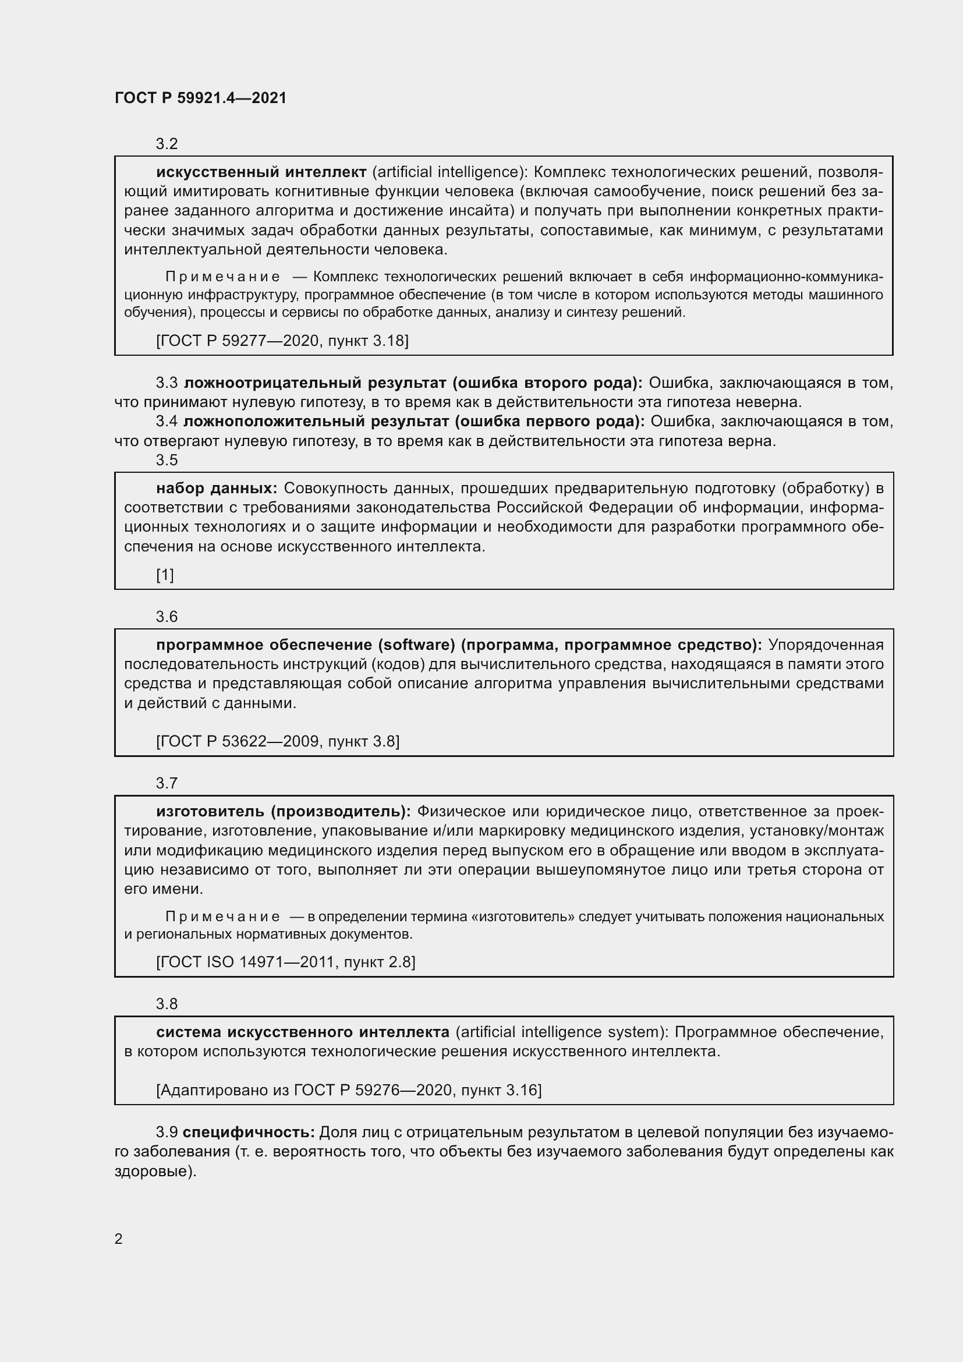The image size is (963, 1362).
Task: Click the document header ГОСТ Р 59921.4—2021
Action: point(200,98)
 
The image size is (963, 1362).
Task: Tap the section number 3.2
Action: point(167,144)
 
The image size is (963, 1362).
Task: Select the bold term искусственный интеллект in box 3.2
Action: point(261,172)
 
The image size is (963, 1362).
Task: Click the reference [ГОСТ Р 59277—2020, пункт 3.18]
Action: point(282,341)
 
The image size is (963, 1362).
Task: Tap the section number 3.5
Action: point(167,460)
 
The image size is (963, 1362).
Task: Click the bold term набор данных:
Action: point(217,488)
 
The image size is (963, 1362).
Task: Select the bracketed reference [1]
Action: point(165,574)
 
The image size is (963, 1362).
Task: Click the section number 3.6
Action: point(167,616)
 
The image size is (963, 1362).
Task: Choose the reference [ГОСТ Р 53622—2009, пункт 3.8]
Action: point(278,741)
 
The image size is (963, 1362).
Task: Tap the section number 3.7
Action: point(167,783)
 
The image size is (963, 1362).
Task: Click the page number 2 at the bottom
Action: point(119,1239)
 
